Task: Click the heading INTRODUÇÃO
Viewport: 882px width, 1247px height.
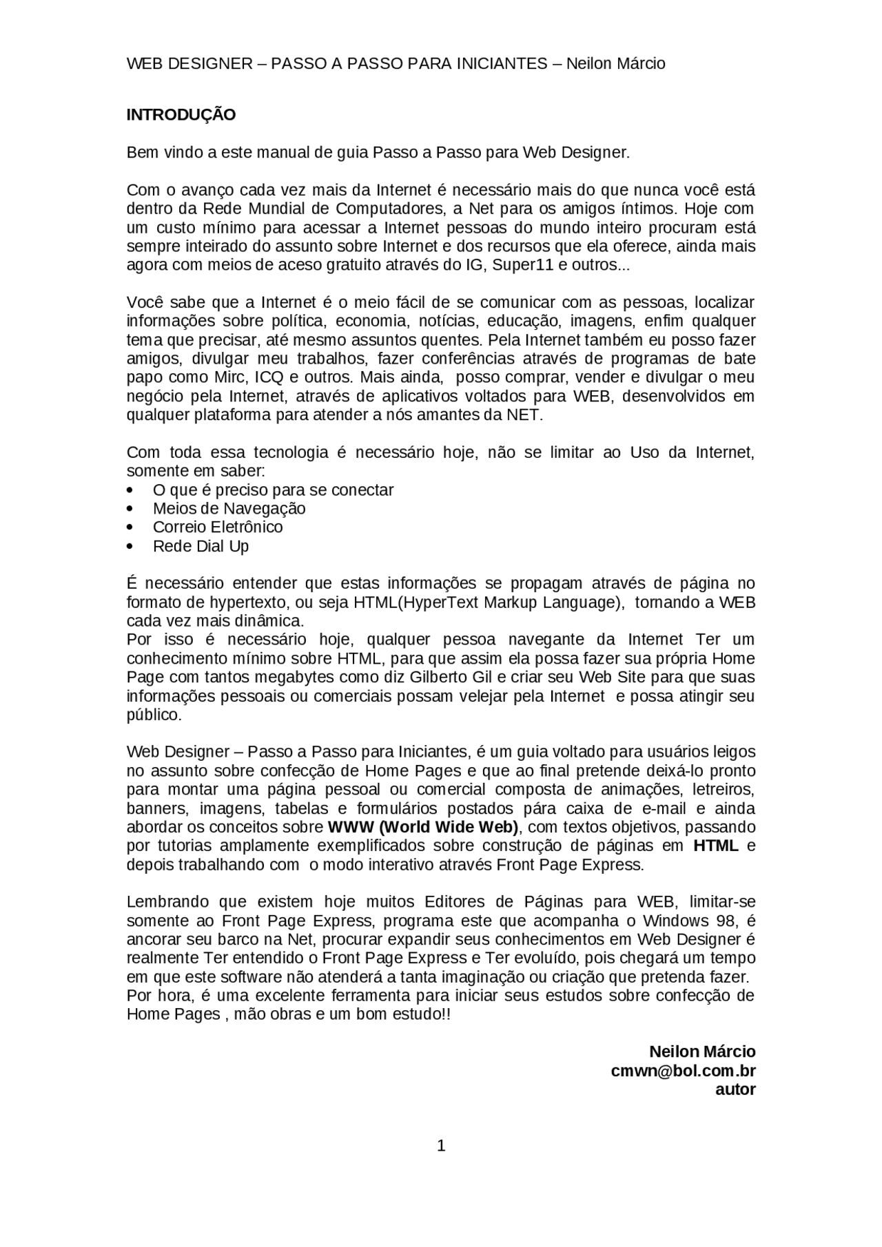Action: [x=181, y=115]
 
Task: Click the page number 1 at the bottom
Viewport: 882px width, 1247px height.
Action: [x=441, y=1146]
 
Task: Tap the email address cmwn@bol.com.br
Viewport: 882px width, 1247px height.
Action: [x=683, y=1071]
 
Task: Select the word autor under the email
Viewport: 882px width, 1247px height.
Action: [x=735, y=1089]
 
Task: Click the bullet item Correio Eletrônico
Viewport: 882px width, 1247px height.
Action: [x=218, y=527]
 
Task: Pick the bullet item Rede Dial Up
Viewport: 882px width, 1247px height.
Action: [x=201, y=546]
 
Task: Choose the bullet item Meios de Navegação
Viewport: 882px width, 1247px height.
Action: [x=229, y=509]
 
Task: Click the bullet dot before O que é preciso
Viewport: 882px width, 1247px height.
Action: [x=131, y=490]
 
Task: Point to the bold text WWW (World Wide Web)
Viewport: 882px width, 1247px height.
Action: [x=423, y=827]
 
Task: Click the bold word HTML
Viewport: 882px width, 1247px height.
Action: [x=715, y=846]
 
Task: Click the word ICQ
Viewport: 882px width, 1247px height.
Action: [x=268, y=377]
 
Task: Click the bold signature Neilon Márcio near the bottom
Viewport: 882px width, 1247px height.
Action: [x=702, y=1052]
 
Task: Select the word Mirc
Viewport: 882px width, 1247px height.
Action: [x=230, y=377]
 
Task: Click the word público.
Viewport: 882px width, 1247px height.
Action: [x=153, y=715]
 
